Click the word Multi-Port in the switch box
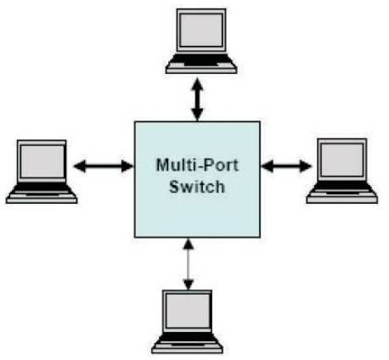197,165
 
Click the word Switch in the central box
197,187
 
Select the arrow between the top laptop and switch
197,100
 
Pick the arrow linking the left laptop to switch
104,166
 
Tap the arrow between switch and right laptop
286,166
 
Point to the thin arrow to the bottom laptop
189,264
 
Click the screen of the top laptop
201,30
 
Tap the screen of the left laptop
42,161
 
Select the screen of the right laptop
342,160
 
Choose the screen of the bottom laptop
188,311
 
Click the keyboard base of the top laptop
201,64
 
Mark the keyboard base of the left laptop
42,193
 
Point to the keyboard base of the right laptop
342,193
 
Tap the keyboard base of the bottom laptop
187,343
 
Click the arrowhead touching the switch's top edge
197,115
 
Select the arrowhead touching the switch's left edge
127,166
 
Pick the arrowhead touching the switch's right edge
267,166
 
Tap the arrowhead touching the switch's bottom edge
189,244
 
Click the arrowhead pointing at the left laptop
80,166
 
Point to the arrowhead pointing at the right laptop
305,166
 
